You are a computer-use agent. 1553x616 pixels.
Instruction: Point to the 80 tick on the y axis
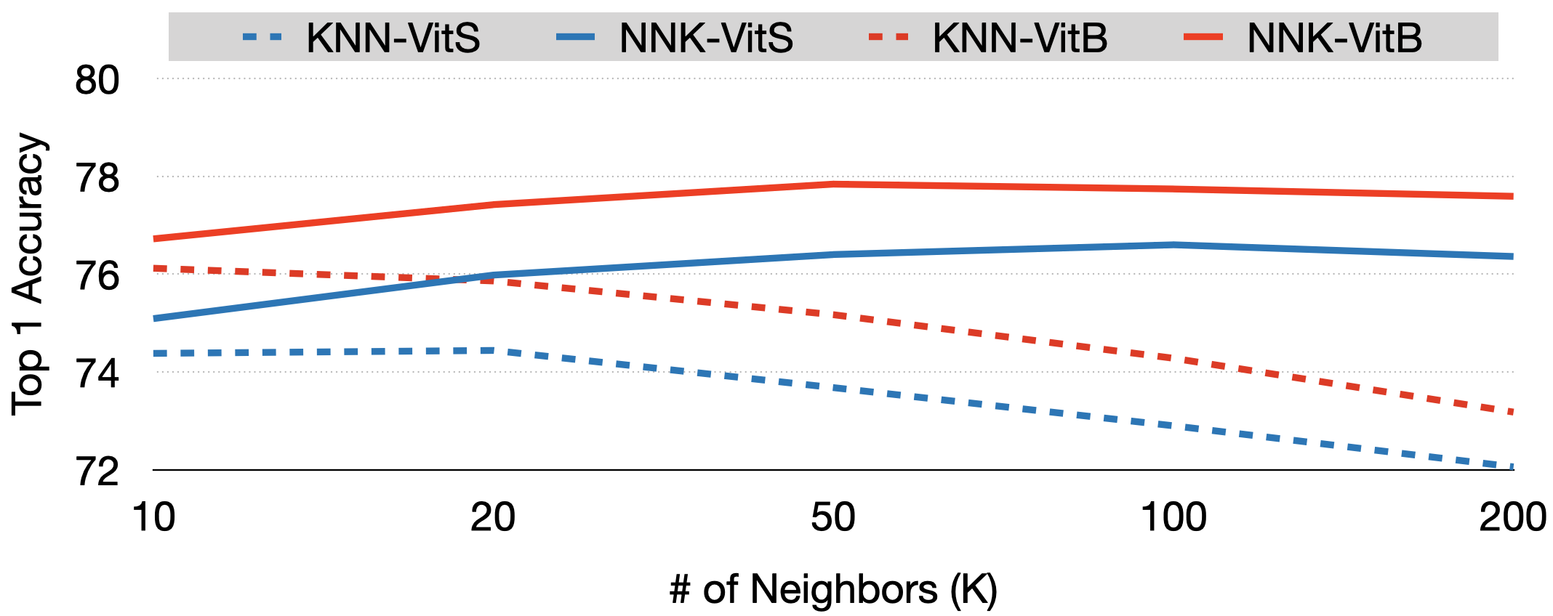pos(97,80)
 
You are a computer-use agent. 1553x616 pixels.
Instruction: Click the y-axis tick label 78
pos(97,178)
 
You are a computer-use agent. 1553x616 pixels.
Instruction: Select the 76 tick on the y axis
pos(97,276)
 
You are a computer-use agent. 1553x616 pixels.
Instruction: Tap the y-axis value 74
pos(97,374)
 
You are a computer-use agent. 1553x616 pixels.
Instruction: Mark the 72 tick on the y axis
pos(97,472)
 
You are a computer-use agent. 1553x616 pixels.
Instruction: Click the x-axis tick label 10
pos(153,518)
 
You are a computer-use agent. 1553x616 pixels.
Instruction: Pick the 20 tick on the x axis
pos(493,518)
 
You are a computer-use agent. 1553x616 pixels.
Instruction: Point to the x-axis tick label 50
pos(833,518)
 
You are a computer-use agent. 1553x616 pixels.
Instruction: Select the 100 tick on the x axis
pos(1173,518)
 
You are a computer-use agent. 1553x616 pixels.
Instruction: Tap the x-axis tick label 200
pos(1512,518)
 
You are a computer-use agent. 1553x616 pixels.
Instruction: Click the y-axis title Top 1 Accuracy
pos(29,274)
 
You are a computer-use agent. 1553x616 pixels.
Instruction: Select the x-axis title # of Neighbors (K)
pos(833,589)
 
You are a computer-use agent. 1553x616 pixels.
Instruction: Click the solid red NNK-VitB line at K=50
pos(833,184)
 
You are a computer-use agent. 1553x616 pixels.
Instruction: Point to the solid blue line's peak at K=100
pos(1173,245)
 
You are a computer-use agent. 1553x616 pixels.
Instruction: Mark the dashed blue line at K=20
pos(493,351)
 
